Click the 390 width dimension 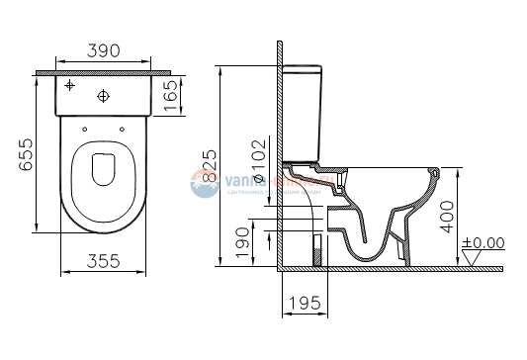click(x=104, y=50)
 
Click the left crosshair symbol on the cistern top click(x=70, y=87)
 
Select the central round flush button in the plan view click(x=105, y=96)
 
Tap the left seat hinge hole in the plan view click(x=85, y=129)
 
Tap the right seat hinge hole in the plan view click(x=122, y=129)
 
